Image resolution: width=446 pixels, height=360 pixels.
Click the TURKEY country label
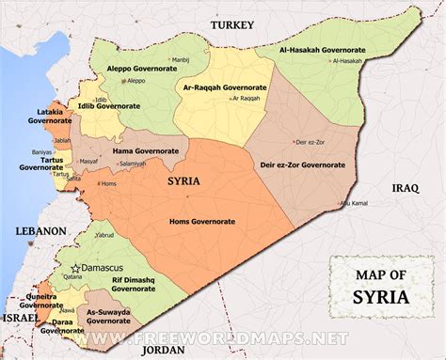coord(232,25)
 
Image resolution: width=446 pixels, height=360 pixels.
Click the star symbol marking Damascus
coord(78,268)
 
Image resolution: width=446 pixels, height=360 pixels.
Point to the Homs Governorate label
coord(202,221)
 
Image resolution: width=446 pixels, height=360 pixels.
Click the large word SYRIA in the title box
coord(381,300)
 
